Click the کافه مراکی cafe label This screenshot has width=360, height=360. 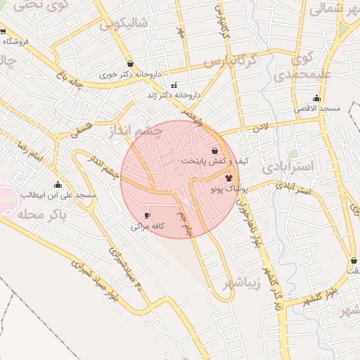148,226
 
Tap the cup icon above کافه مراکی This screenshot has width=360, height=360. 147,215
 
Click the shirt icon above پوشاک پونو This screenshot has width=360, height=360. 229,178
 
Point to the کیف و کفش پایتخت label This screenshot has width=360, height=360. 215,161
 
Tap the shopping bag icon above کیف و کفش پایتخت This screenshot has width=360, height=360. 214,150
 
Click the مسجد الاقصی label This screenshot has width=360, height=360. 317,108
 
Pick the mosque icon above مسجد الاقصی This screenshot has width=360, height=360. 316,98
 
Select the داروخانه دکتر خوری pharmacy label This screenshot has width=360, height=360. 130,73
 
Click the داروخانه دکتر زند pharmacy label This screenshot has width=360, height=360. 174,95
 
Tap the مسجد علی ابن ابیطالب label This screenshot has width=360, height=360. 58,194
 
